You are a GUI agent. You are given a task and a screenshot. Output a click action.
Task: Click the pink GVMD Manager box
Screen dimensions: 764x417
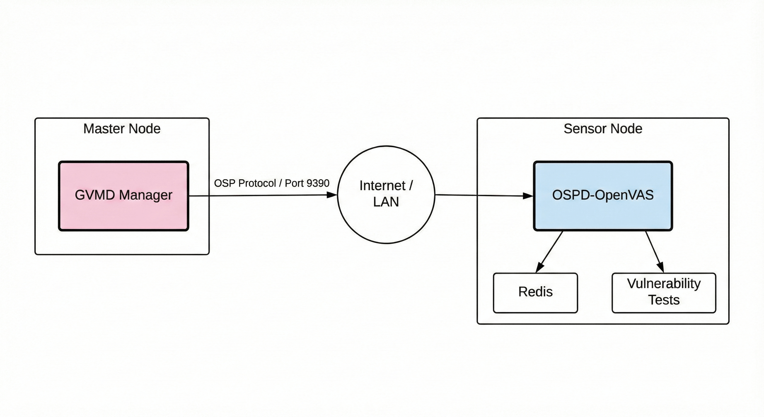point(123,196)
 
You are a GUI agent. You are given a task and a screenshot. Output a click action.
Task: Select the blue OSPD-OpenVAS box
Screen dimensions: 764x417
point(603,196)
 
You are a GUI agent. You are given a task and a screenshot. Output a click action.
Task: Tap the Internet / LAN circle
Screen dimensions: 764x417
point(386,195)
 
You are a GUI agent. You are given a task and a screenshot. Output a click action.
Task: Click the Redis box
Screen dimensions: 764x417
point(535,293)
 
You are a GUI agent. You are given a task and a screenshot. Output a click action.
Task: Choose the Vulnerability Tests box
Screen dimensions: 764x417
point(664,293)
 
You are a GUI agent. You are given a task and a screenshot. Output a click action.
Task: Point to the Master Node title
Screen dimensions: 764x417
point(122,129)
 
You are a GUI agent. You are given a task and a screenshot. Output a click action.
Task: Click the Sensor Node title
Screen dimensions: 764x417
point(603,129)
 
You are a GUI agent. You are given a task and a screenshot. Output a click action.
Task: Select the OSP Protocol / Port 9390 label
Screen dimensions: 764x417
point(272,183)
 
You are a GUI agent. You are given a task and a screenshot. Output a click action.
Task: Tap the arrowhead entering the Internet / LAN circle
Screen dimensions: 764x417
point(332,195)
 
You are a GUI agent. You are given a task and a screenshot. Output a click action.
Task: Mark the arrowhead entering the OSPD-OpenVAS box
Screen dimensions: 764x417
point(528,196)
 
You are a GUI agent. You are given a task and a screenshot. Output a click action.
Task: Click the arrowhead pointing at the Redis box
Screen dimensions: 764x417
point(540,267)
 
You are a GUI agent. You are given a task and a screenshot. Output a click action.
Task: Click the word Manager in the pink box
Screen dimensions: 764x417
point(146,195)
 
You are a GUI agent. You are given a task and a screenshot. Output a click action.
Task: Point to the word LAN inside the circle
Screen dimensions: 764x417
point(386,202)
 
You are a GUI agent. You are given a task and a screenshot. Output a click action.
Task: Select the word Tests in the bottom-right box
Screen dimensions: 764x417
point(664,300)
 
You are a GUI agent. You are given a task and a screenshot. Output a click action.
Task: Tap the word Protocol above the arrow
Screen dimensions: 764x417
point(257,183)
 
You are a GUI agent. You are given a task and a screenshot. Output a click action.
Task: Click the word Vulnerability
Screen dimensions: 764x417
point(664,284)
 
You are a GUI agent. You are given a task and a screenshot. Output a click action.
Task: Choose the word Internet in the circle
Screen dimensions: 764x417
point(383,185)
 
